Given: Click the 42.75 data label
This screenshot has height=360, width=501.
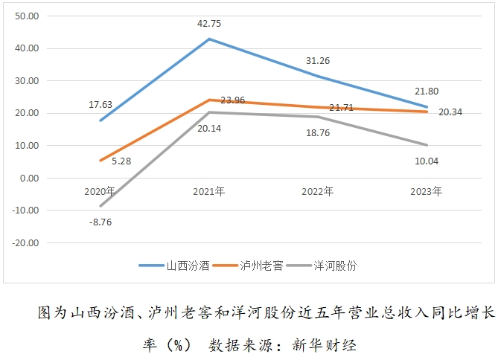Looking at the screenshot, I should [208, 24].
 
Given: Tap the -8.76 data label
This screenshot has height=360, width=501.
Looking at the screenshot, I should [99, 221].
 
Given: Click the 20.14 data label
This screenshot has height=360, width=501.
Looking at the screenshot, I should [208, 128].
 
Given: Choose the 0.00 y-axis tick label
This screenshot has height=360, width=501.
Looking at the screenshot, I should [30, 178].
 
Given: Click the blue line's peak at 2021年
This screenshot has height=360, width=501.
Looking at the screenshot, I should [209, 39].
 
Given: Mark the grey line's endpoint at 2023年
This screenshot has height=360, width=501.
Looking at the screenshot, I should [427, 145].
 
